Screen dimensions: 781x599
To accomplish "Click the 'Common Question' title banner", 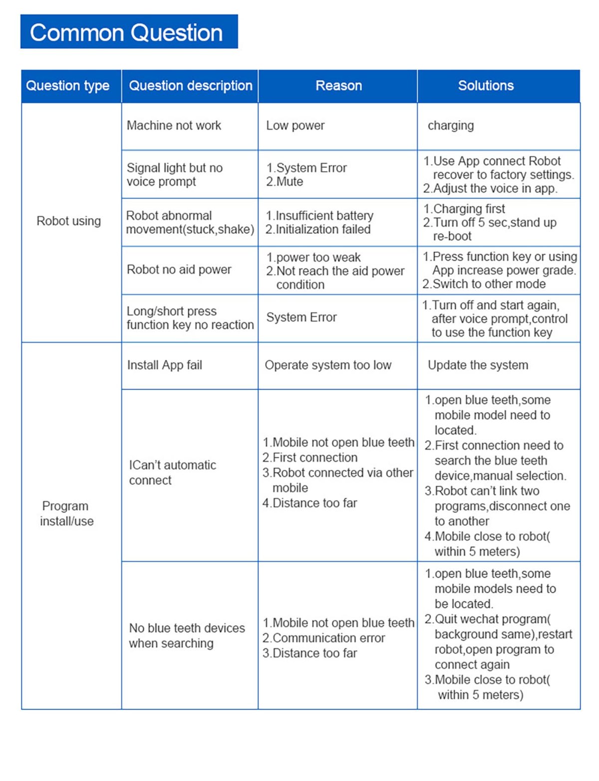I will [x=128, y=32].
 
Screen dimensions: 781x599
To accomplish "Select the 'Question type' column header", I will [x=68, y=86].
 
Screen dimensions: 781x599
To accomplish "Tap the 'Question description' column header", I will [x=190, y=86].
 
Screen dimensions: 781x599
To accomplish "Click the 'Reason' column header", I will [x=338, y=86].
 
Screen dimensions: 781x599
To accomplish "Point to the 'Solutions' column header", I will [x=486, y=86].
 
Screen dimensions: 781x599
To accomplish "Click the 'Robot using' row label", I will [x=69, y=221].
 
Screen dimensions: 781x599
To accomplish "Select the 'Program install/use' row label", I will [x=66, y=513].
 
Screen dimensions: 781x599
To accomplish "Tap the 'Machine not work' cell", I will [x=174, y=126].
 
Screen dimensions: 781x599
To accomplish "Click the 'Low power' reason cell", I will [x=295, y=126].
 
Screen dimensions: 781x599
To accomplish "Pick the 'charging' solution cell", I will [x=450, y=126].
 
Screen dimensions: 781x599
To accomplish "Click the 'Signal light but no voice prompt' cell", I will [x=175, y=175].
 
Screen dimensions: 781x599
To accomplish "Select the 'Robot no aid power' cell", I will [x=179, y=270].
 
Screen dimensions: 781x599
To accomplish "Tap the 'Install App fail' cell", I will [x=165, y=365].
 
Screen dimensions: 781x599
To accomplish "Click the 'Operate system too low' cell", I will [x=328, y=365].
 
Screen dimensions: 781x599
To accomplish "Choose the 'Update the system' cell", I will [x=478, y=365].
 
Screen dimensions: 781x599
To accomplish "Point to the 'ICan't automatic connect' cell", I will [x=172, y=472].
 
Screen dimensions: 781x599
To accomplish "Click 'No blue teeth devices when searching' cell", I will [x=187, y=635].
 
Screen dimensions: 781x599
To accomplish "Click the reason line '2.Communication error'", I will [x=324, y=638].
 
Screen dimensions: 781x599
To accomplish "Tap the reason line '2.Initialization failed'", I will [x=318, y=230].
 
